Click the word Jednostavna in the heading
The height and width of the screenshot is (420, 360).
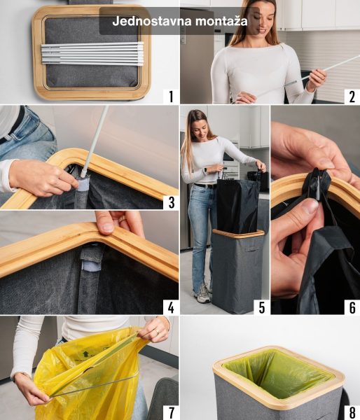pos(152,21)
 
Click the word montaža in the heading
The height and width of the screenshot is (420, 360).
pos(221,21)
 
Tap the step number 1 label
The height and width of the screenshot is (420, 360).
pos(171,97)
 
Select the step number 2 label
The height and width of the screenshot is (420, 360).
pos(352,97)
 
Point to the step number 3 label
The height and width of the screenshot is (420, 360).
pos(172,202)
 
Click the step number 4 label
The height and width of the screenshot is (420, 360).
pos(171,307)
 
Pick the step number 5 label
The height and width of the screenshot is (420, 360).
pos(262,307)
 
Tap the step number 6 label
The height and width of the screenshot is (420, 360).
pos(352,307)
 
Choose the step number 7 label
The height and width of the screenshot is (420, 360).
pos(171,412)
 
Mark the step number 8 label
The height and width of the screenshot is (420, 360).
pos(352,412)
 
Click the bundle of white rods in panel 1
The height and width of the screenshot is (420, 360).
pos(92,53)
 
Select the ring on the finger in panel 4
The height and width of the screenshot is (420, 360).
pos(122,220)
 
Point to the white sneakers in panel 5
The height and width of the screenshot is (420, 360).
pos(204,294)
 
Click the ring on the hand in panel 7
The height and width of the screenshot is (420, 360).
pos(158,332)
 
